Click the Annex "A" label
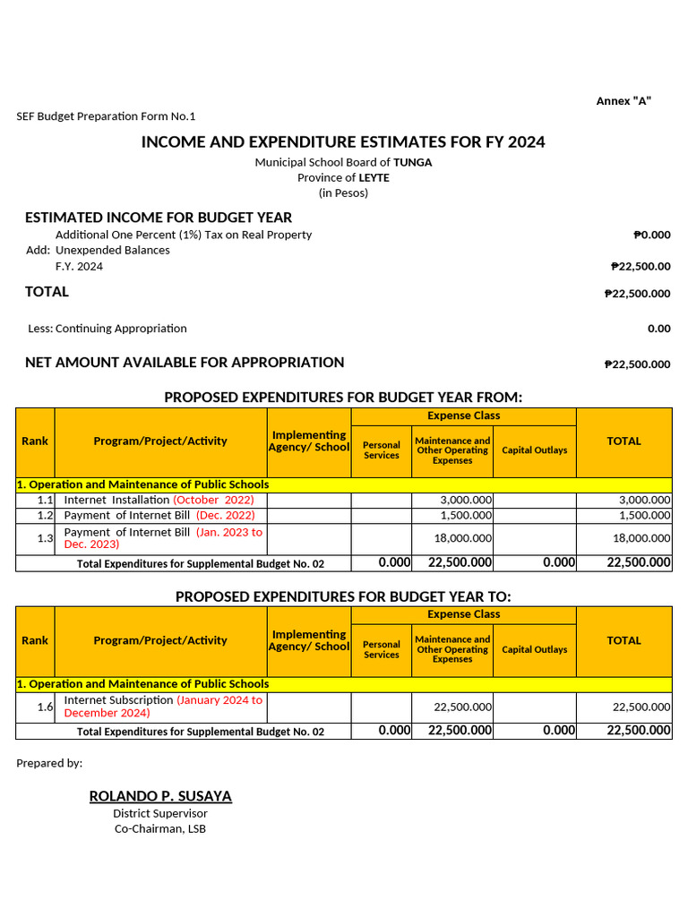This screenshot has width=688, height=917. click(623, 100)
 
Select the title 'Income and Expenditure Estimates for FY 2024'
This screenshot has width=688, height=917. click(343, 142)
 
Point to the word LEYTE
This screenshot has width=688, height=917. click(374, 177)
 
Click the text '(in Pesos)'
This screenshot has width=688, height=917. click(343, 193)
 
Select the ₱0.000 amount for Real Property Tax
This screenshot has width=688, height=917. click(651, 235)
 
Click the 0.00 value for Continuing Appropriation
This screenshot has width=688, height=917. click(658, 329)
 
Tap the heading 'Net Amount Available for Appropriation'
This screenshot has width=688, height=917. click(185, 363)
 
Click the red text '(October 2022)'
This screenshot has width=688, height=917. click(213, 500)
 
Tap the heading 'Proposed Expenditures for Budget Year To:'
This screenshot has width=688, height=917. click(343, 597)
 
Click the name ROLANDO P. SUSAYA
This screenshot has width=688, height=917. click(160, 796)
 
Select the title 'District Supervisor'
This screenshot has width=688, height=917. click(160, 813)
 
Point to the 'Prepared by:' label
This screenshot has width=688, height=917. click(49, 763)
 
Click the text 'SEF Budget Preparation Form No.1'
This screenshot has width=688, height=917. click(106, 116)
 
